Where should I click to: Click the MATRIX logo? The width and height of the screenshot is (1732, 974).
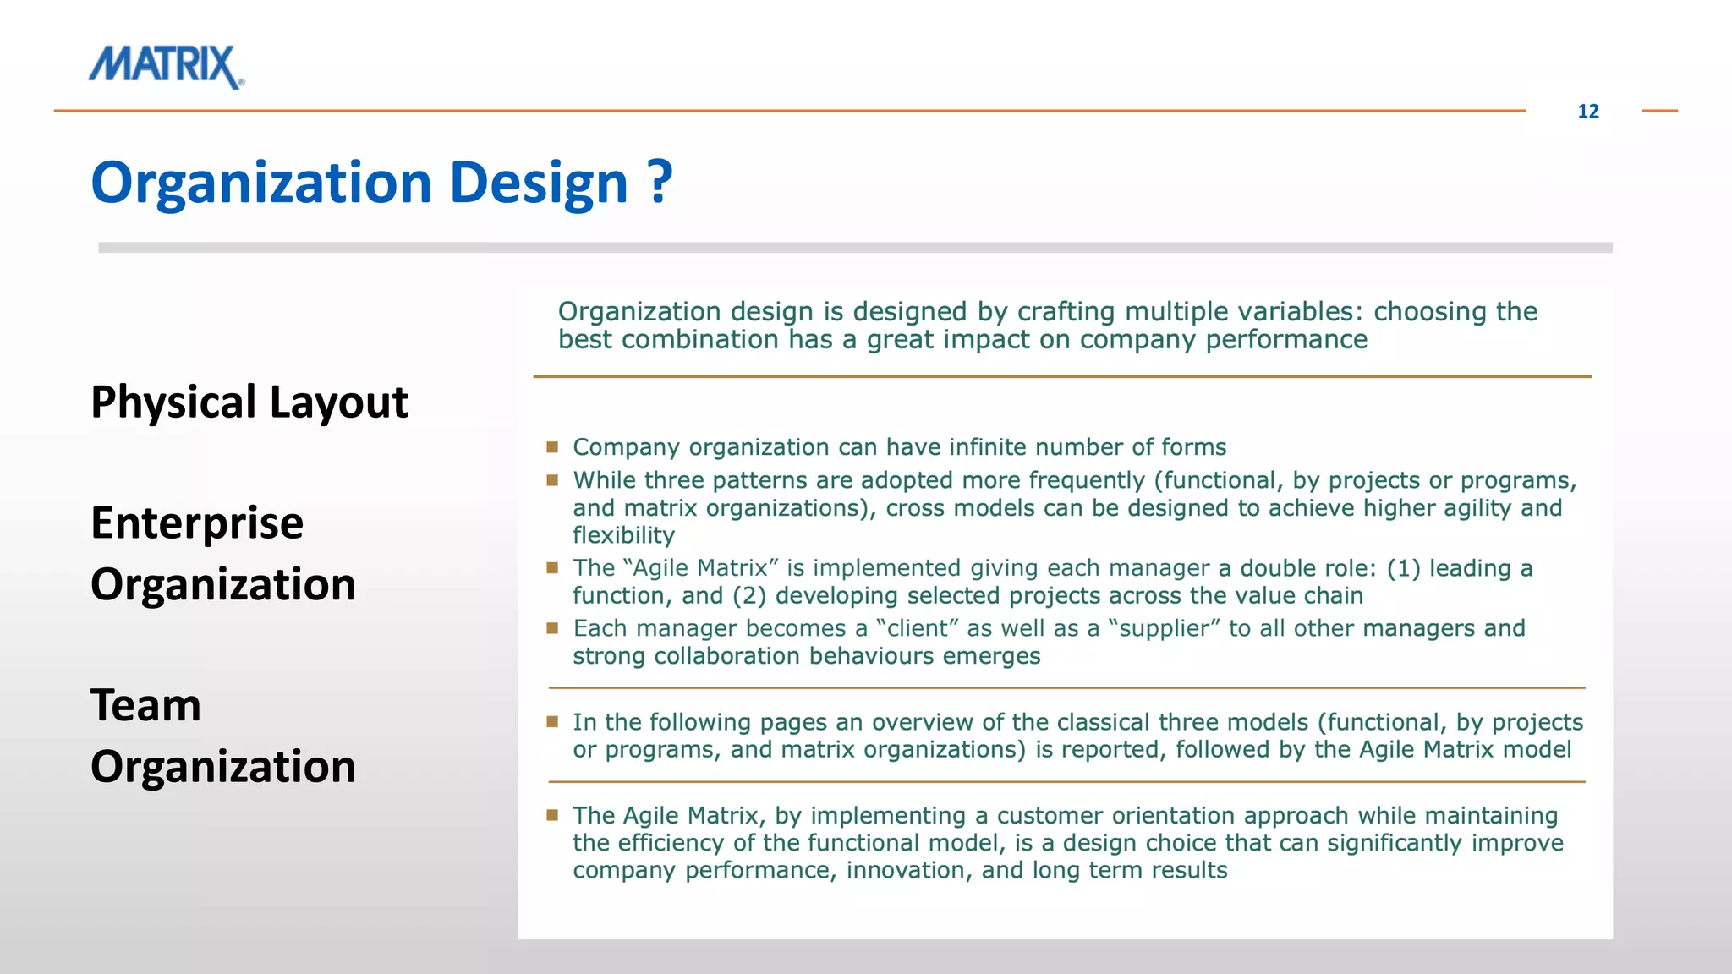pyautogui.click(x=167, y=67)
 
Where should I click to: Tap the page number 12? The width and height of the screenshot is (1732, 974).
pyautogui.click(x=1587, y=112)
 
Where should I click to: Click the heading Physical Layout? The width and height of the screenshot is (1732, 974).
pyautogui.click(x=249, y=402)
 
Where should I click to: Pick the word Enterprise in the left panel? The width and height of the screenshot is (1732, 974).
pyautogui.click(x=196, y=523)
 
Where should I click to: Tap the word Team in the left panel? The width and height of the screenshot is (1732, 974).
pyautogui.click(x=145, y=704)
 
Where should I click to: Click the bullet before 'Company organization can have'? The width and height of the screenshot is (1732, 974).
pyautogui.click(x=552, y=446)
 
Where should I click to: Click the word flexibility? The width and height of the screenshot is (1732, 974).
pyautogui.click(x=623, y=535)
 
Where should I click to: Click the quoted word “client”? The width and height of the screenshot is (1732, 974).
pyautogui.click(x=917, y=628)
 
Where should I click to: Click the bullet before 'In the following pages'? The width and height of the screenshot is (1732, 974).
pyautogui.click(x=552, y=721)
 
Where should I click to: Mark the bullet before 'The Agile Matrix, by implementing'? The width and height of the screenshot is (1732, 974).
pyautogui.click(x=552, y=815)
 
